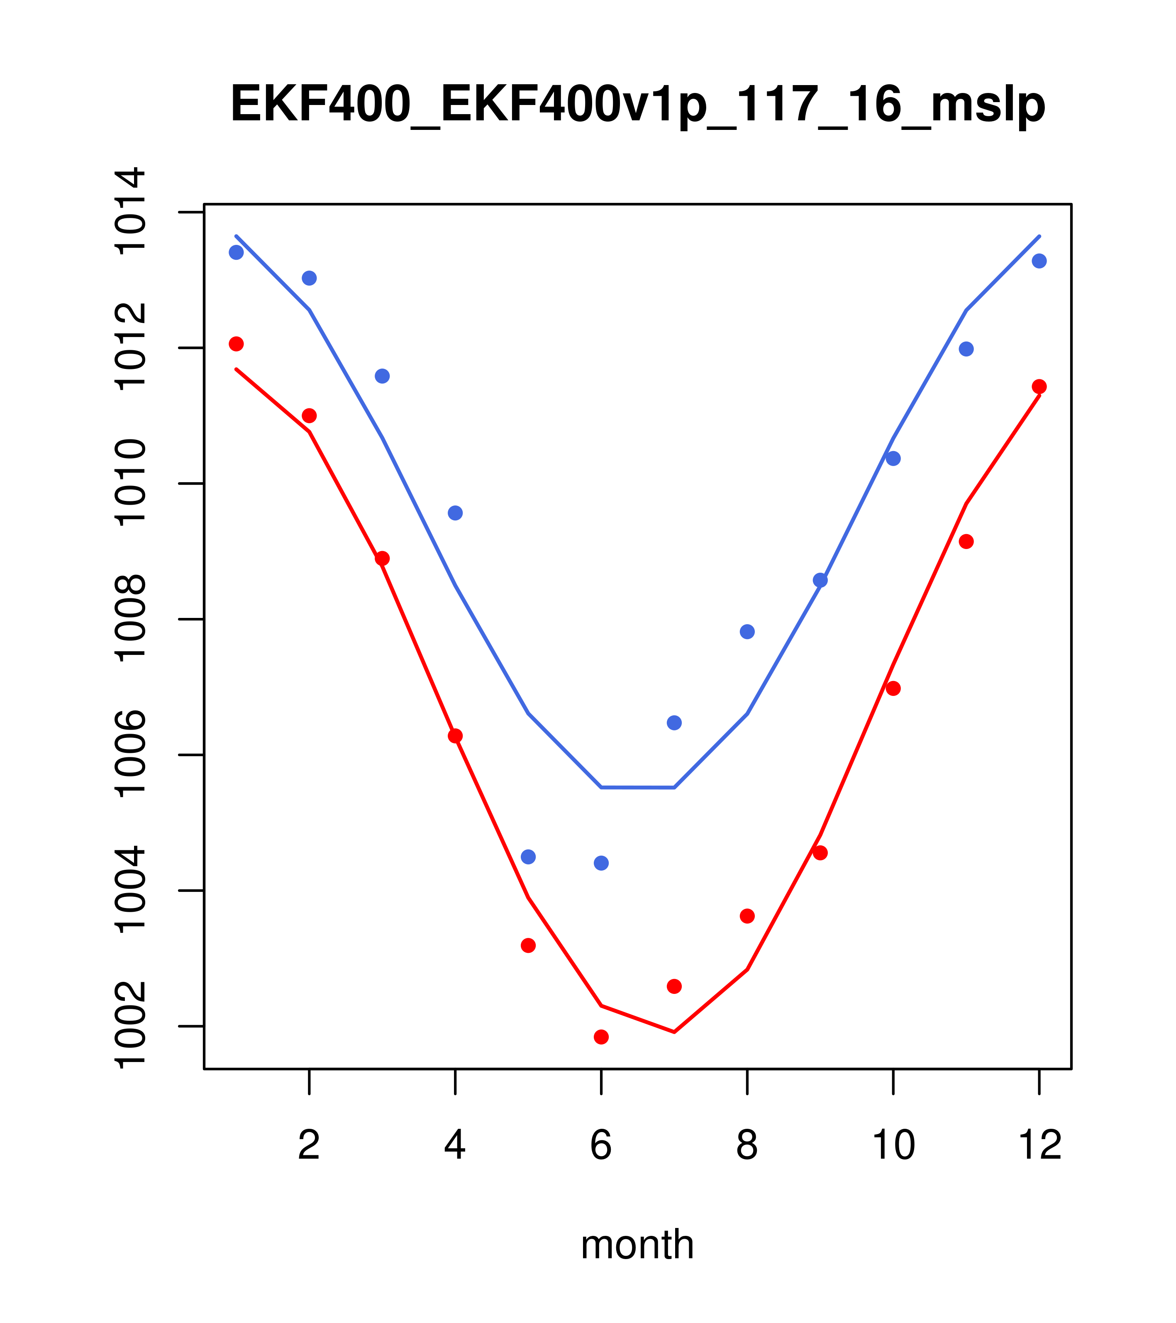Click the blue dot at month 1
[236, 252]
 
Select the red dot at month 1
[236, 343]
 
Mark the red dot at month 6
[601, 1037]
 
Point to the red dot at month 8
[747, 916]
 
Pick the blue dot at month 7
[674, 723]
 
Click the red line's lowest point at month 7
[674, 1032]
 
